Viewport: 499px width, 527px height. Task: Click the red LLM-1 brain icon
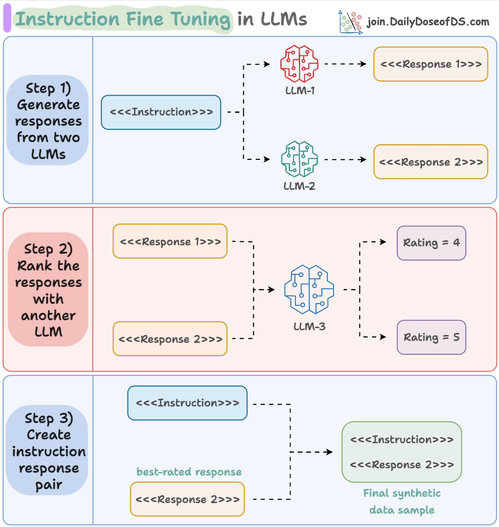click(299, 64)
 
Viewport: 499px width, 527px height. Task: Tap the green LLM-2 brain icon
click(299, 160)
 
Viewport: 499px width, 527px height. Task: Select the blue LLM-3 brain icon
click(309, 290)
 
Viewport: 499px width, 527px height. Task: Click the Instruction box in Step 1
click(161, 112)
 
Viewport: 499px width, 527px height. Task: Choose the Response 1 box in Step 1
click(430, 64)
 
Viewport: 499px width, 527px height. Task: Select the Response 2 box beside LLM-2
click(430, 162)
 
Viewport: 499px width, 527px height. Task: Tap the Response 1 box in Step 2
click(170, 241)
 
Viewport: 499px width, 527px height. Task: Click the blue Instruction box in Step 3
click(187, 402)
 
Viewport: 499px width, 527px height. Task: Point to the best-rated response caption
click(189, 472)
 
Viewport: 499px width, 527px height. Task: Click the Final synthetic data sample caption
click(402, 501)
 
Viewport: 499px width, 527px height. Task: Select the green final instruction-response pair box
click(402, 452)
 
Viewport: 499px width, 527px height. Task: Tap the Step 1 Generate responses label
click(48, 121)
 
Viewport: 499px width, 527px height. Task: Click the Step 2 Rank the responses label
click(48, 290)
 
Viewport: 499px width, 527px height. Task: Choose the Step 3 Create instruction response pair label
click(48, 451)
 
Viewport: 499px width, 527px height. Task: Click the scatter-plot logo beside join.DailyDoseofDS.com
click(350, 22)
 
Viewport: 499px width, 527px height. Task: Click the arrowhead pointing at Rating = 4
click(383, 242)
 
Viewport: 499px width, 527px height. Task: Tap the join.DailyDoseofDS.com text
click(428, 22)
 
